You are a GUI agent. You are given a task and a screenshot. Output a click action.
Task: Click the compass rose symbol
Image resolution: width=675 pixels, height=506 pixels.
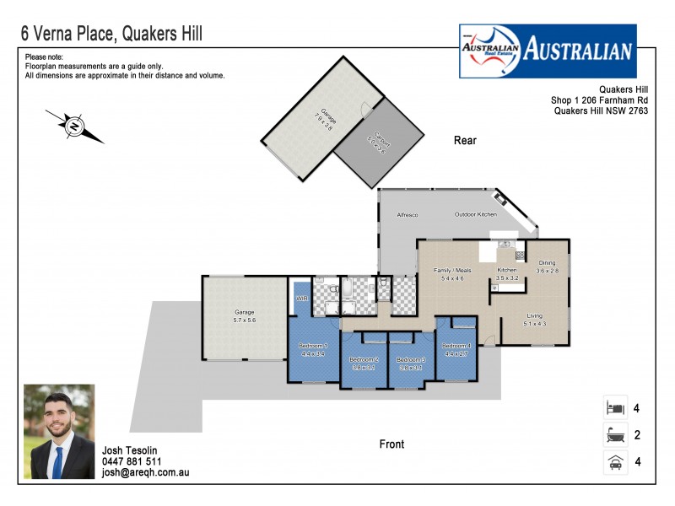pos(74,126)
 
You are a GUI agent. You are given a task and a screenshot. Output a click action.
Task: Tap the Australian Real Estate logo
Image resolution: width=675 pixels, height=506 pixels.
pos(548,50)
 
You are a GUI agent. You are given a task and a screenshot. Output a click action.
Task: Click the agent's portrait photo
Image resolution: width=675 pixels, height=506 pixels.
pos(59,431)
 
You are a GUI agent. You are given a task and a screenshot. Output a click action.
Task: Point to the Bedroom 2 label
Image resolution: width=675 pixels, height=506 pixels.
pos(364,363)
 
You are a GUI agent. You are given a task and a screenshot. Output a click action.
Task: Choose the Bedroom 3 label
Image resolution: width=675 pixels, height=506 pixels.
pos(412,363)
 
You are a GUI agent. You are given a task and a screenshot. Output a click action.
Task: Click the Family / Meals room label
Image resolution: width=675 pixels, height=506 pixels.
pos(449,273)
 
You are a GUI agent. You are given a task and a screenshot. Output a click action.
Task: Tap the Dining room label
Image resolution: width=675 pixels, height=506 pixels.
pos(548,266)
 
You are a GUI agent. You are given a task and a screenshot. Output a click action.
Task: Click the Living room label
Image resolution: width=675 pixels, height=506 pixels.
pos(535,320)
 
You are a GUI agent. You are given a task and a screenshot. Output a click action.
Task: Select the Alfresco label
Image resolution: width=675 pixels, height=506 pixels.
pos(408,215)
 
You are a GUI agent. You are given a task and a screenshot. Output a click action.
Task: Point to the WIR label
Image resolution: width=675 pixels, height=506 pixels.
pos(300,299)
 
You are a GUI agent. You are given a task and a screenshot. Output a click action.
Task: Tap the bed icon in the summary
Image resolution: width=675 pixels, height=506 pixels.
pos(613,408)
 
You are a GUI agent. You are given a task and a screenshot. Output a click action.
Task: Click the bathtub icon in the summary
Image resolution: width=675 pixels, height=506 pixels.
pos(613,435)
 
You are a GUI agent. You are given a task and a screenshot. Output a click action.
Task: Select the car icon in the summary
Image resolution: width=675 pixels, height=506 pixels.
pos(613,462)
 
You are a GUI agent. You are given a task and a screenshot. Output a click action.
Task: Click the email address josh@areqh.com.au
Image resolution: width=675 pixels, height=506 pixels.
pos(145,473)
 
